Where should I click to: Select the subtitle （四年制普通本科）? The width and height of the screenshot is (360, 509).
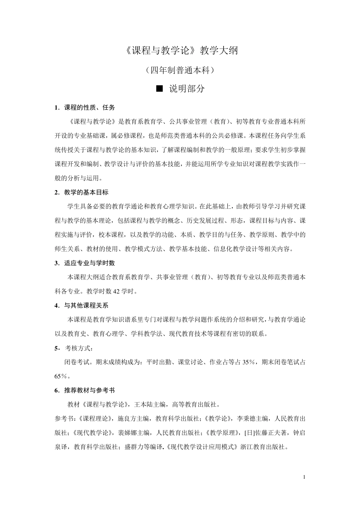180,70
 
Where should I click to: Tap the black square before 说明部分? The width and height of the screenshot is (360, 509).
160,89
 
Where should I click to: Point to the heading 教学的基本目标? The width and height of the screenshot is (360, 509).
86,192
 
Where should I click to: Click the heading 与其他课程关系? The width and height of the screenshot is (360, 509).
86,305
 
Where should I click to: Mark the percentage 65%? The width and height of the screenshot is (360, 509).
61,376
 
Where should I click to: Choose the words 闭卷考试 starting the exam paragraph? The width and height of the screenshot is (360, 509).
77,362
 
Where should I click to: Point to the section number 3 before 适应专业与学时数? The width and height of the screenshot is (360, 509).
56,263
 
